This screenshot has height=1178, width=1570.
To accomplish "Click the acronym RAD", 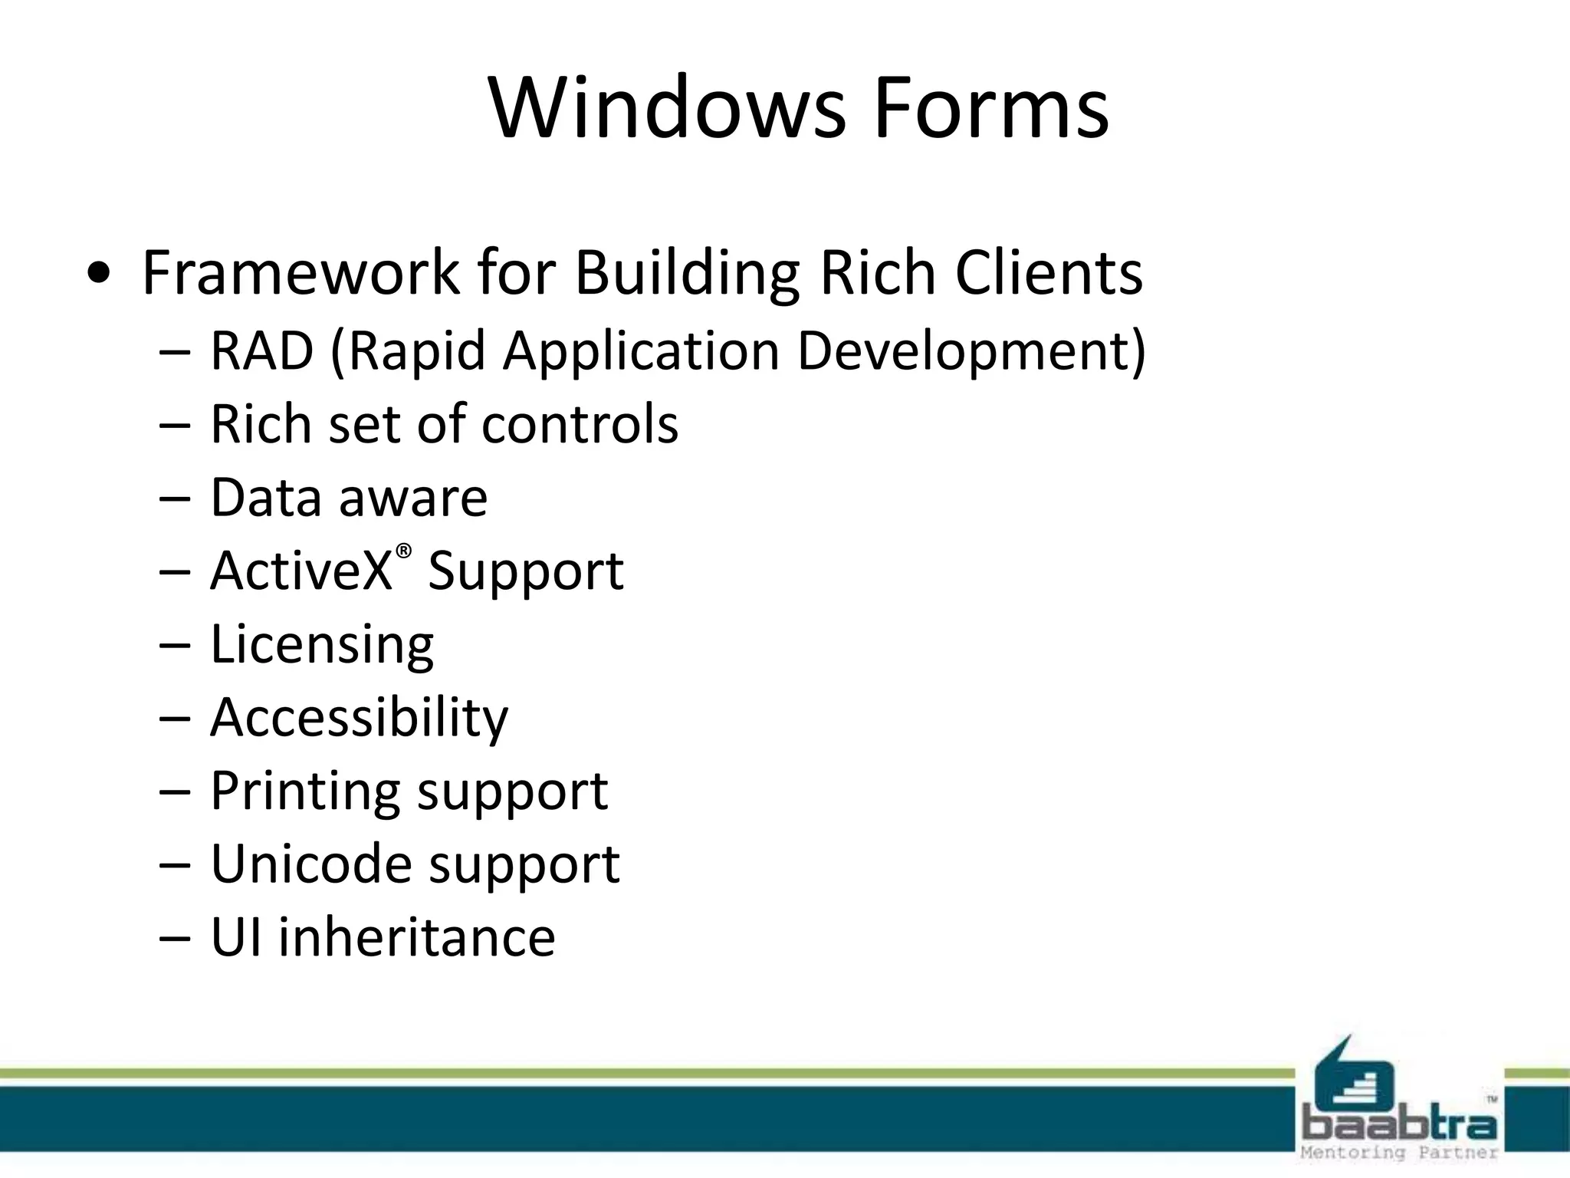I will pos(262,350).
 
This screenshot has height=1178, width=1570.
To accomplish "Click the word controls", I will pos(580,423).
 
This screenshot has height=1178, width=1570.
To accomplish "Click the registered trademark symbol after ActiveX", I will pos(404,551).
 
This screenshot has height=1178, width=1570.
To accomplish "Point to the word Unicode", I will pos(310,864).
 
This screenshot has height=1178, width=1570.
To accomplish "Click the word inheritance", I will pos(416,937).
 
